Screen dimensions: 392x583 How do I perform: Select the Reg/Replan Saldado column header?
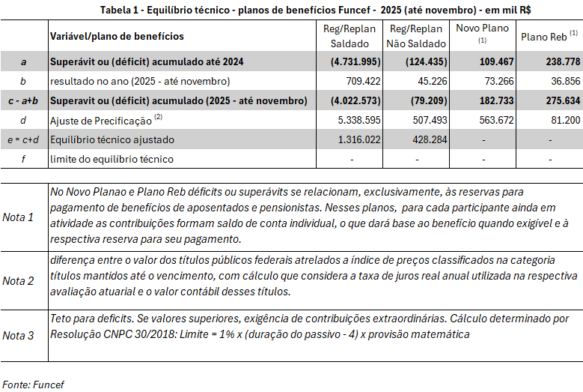point(345,36)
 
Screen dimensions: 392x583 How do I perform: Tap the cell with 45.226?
point(421,81)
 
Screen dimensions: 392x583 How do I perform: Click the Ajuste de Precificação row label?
point(103,119)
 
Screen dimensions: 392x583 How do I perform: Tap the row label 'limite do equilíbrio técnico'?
point(112,159)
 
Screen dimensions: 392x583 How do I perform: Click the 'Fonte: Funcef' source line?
point(32,384)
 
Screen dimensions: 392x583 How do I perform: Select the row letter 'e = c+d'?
point(24,139)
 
